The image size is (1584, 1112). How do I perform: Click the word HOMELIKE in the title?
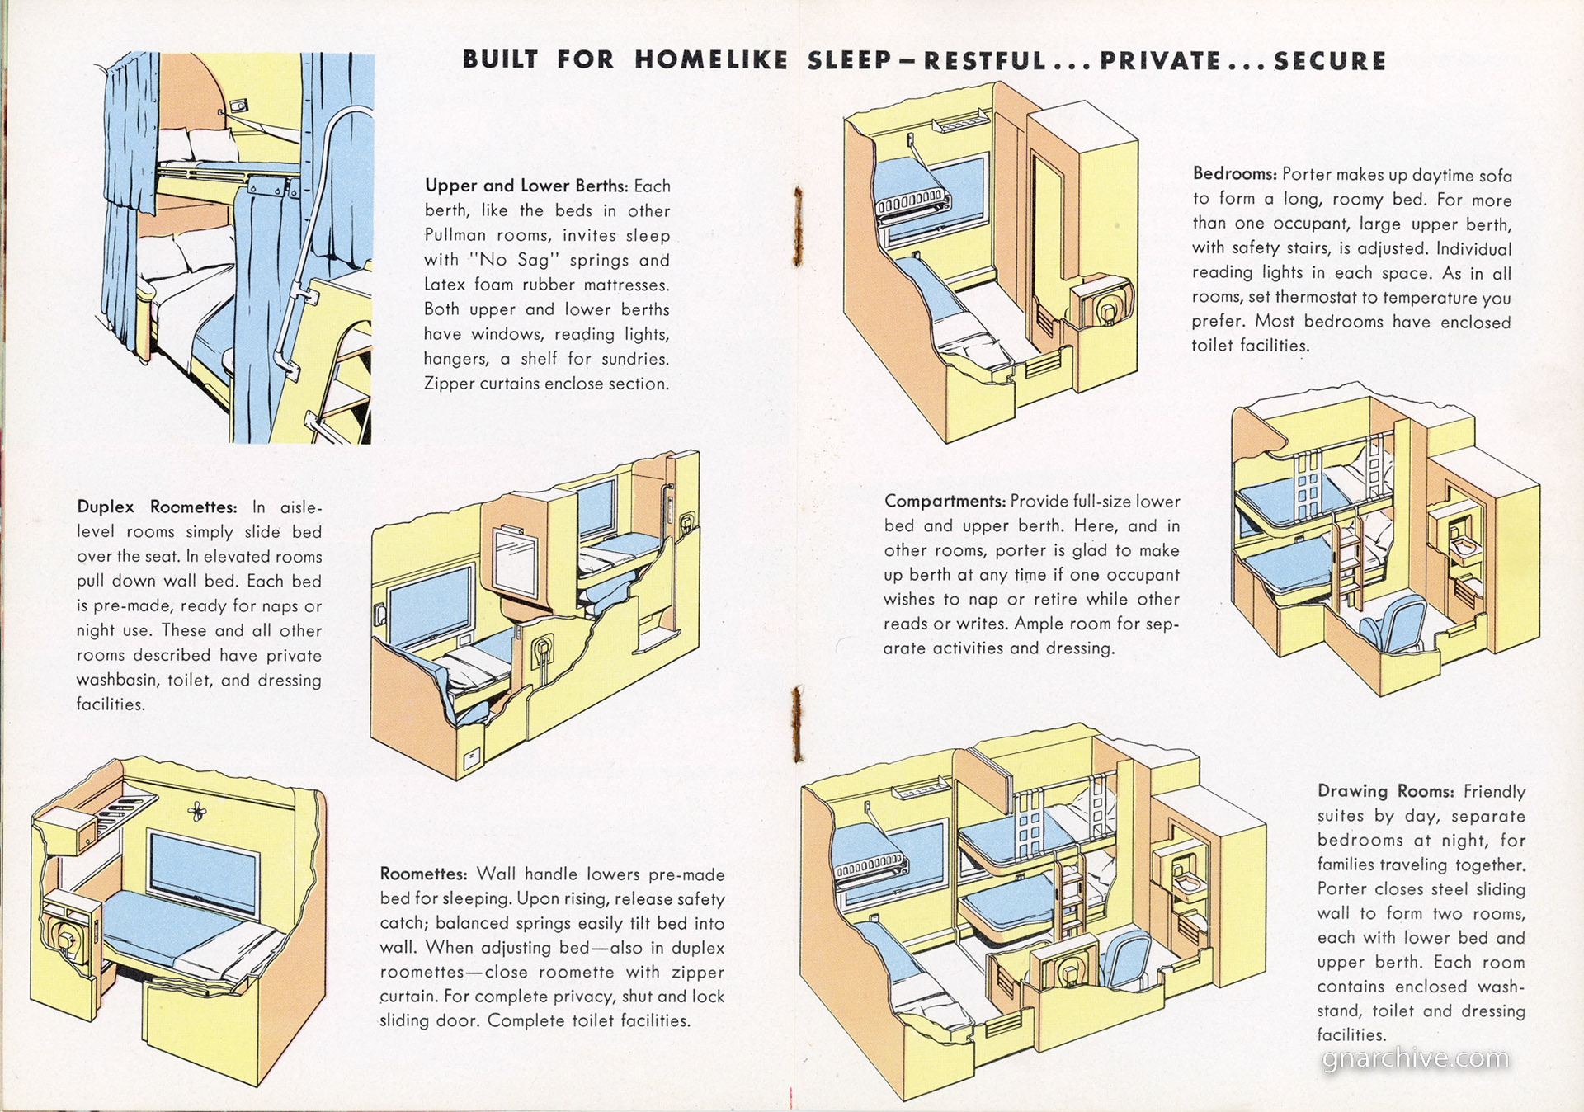[710, 60]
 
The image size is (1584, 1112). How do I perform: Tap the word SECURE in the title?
[1329, 61]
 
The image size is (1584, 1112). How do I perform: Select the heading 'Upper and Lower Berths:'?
[526, 186]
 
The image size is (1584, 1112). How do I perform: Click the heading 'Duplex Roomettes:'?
[157, 507]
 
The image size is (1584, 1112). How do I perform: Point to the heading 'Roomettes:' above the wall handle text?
[423, 874]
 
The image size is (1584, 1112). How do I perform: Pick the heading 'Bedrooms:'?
[1234, 174]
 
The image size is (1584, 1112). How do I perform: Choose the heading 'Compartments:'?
[945, 501]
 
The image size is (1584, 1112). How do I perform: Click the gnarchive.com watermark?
[1415, 1059]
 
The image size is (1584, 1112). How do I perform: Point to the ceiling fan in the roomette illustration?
[196, 812]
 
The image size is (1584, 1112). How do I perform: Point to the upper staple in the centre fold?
[797, 225]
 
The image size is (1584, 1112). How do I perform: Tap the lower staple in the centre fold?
[797, 723]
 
